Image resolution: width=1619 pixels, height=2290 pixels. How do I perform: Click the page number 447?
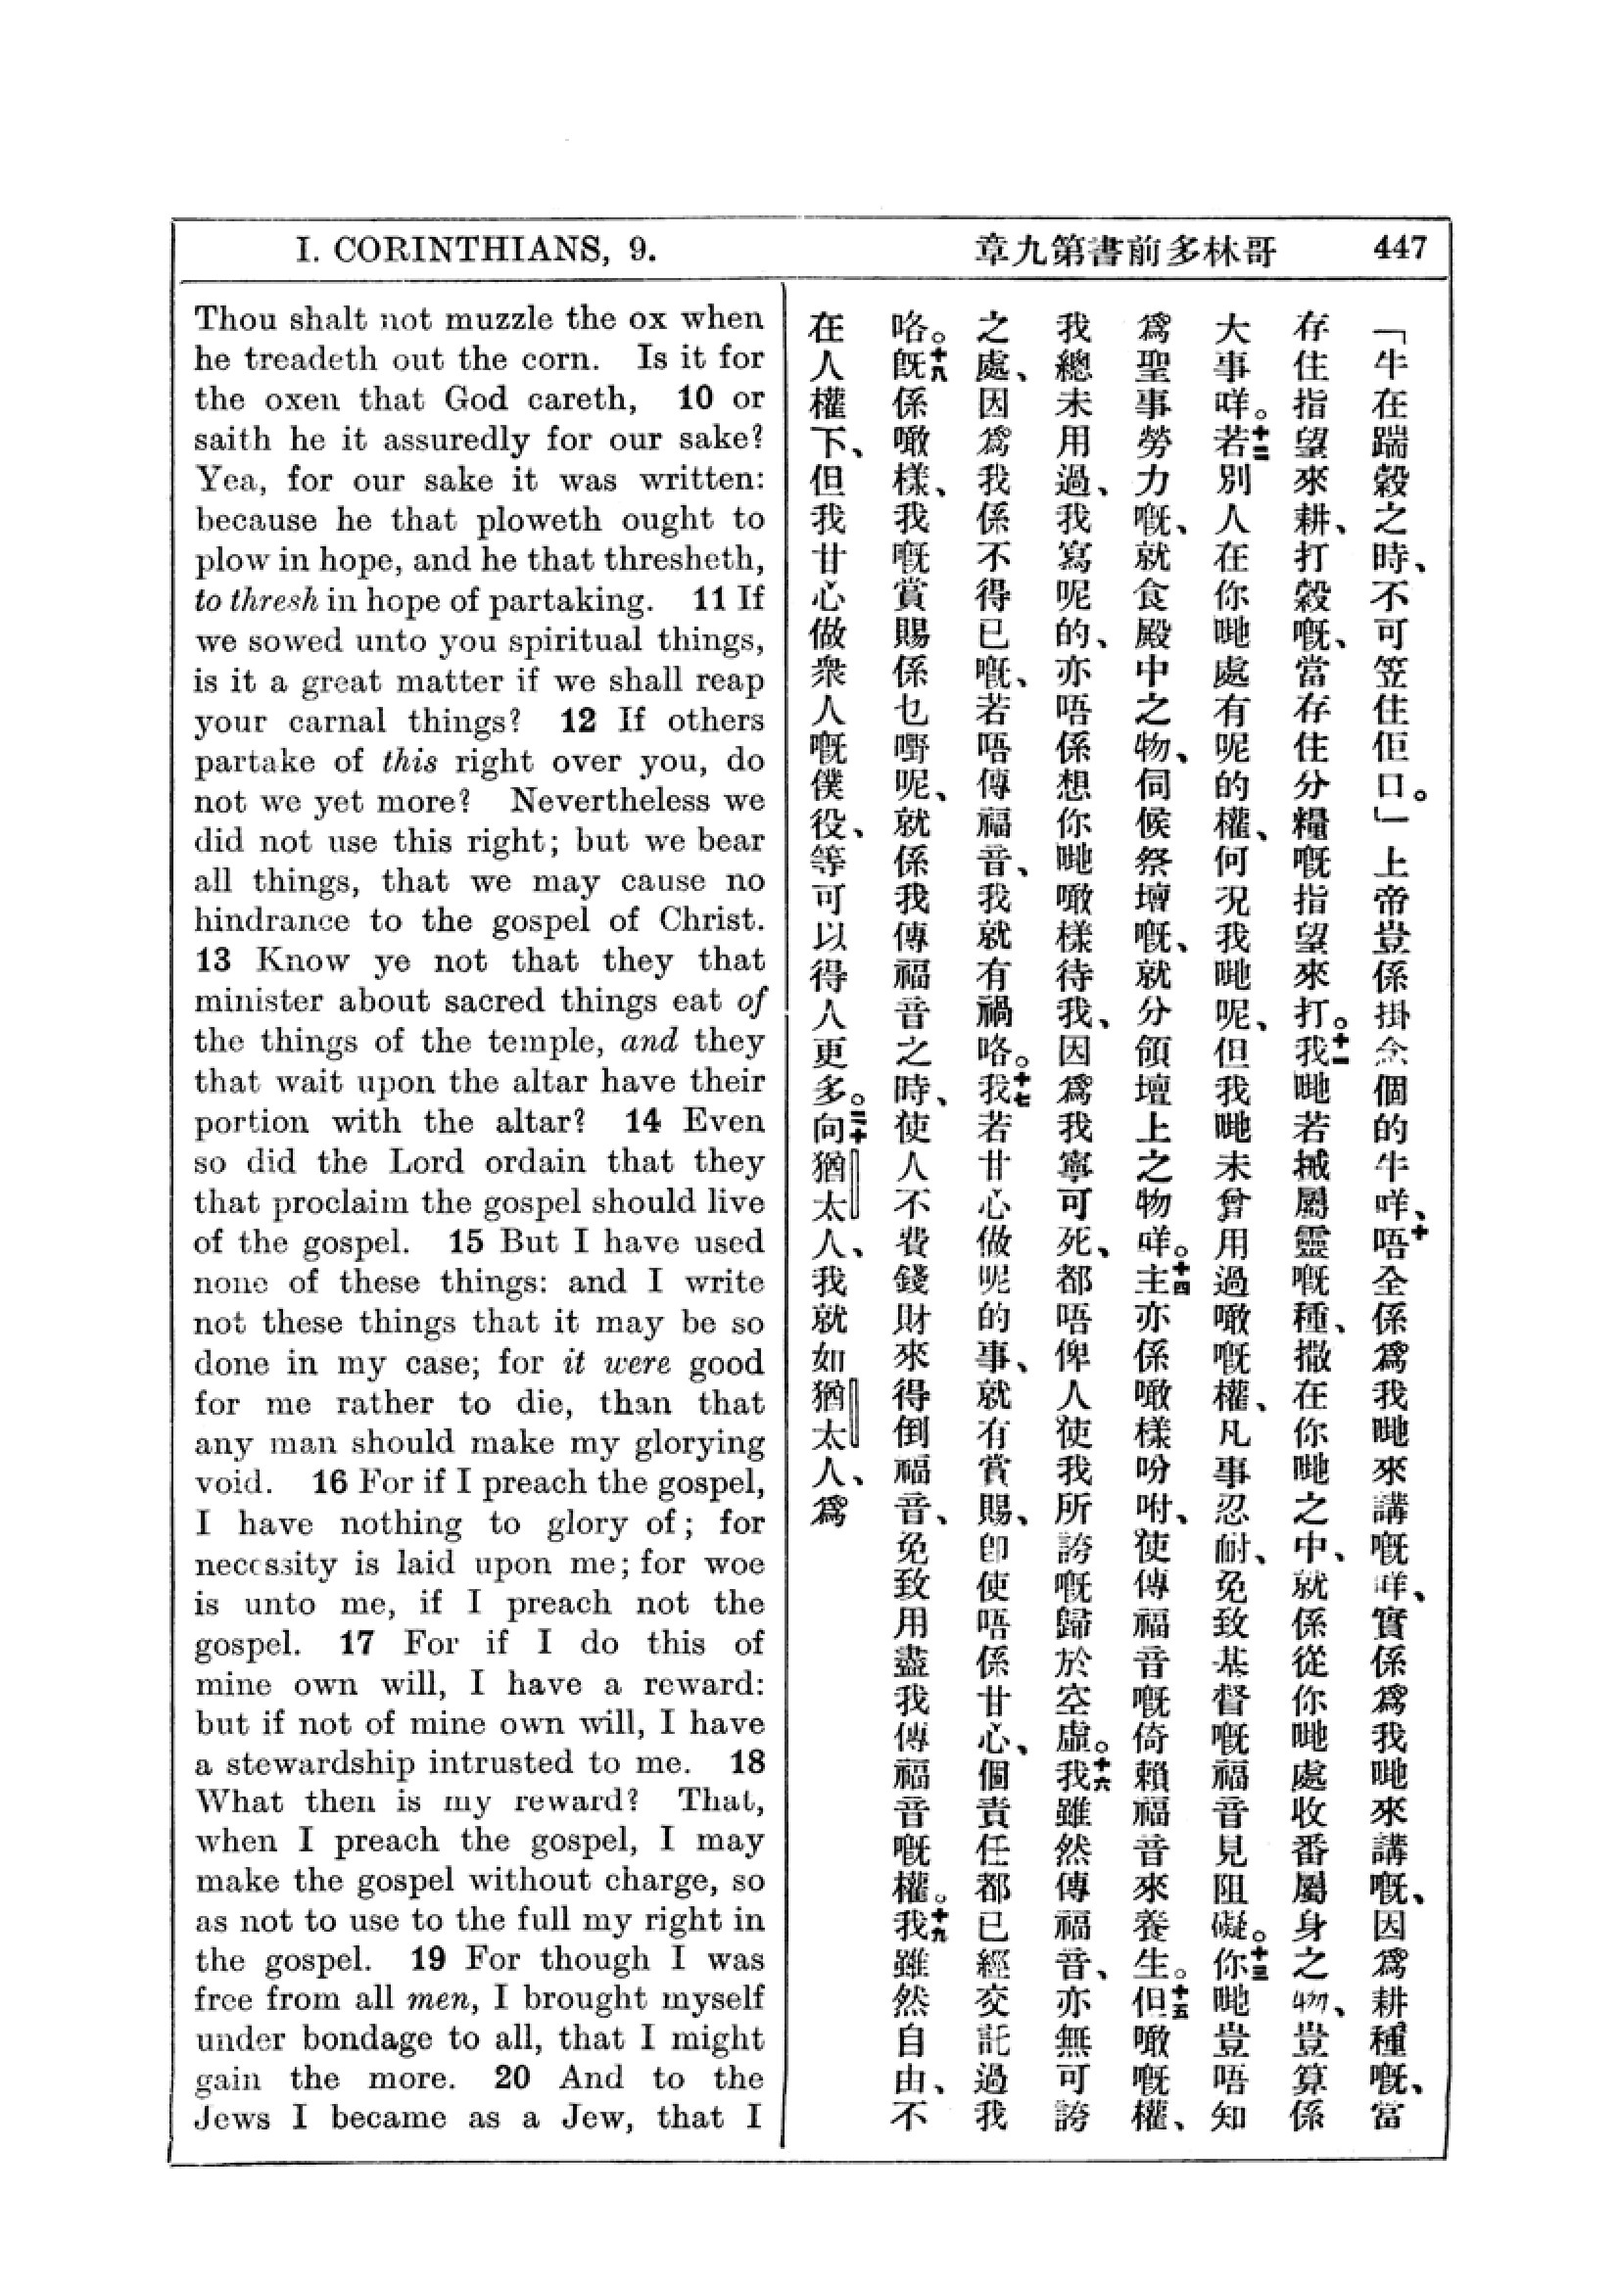(x=1400, y=248)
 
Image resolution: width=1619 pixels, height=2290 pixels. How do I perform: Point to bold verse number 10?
(x=695, y=397)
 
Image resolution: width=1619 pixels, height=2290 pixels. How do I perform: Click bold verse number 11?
(x=709, y=599)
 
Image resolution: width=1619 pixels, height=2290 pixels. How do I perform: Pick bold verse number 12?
(x=579, y=721)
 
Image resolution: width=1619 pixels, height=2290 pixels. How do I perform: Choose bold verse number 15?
(x=466, y=1241)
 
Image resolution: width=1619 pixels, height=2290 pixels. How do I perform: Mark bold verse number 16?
(x=329, y=1482)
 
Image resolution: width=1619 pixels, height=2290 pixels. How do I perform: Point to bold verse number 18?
(x=747, y=1762)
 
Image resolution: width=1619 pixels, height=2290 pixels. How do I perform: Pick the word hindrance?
(x=273, y=920)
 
